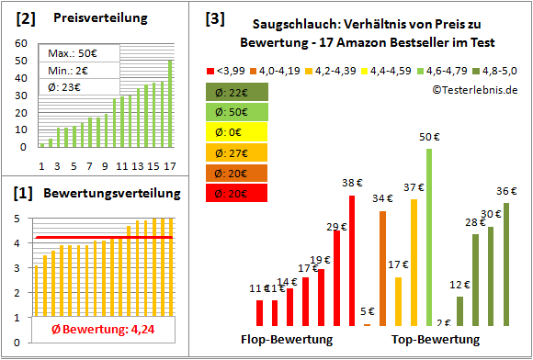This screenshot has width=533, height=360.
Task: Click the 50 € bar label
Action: point(429,138)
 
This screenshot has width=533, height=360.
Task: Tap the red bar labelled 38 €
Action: point(351,261)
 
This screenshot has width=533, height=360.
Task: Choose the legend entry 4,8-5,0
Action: point(503,69)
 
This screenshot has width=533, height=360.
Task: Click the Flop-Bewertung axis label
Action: point(287,340)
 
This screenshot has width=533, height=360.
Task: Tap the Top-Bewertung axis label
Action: point(436,340)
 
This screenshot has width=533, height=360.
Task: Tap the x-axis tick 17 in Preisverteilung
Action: point(169,166)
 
